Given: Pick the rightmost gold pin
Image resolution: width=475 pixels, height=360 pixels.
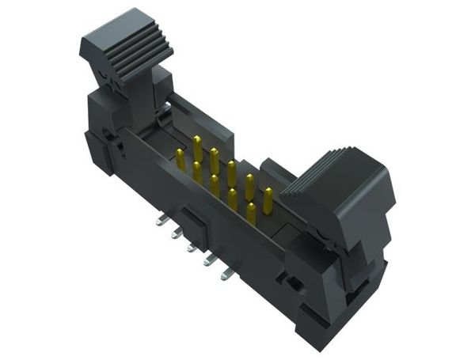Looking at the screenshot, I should [268, 201].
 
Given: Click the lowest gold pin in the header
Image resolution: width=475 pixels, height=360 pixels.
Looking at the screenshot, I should [250, 214].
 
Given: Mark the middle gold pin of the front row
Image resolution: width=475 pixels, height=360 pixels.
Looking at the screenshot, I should [215, 185].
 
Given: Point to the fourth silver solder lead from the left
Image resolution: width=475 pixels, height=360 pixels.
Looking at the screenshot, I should [209, 262].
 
